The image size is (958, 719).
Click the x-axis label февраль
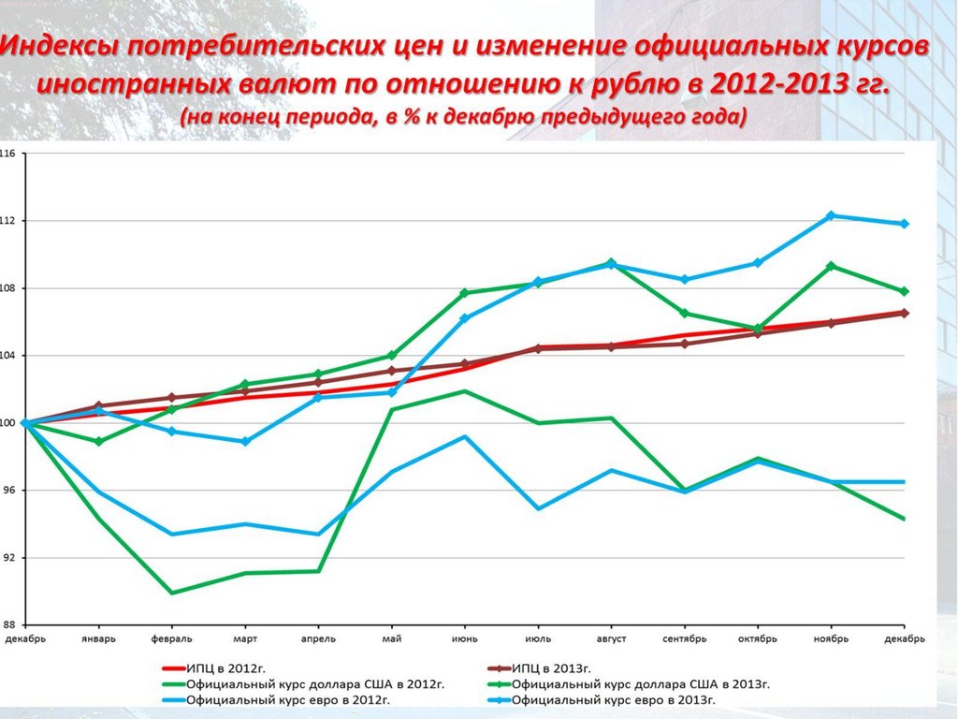point(171,638)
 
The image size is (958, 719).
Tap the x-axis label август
point(611,638)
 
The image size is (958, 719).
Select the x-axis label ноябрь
point(831,638)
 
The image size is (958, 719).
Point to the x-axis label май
point(392,638)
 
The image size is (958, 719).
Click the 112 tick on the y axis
point(8,221)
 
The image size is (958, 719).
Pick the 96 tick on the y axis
point(8,491)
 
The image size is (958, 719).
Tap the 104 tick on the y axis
point(8,356)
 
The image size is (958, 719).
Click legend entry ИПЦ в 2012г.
point(219,668)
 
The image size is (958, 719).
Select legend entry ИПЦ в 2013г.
point(552,668)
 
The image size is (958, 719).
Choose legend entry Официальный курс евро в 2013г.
point(614,699)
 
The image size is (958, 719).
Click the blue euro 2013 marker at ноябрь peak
point(832,215)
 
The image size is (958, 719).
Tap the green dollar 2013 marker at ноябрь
point(832,266)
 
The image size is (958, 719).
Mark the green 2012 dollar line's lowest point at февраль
point(172,593)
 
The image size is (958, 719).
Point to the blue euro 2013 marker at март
point(245,441)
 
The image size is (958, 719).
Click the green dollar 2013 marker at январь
point(98,441)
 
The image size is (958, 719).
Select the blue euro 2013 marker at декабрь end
point(905,224)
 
